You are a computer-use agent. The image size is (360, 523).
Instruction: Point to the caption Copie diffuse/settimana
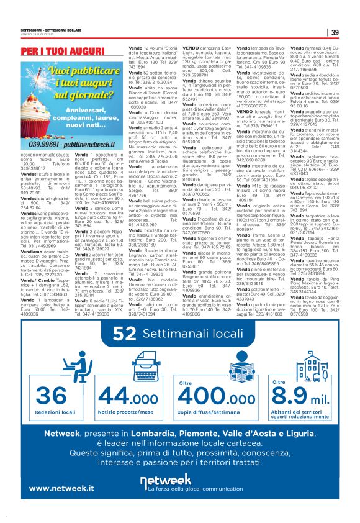[x=211, y=396]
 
